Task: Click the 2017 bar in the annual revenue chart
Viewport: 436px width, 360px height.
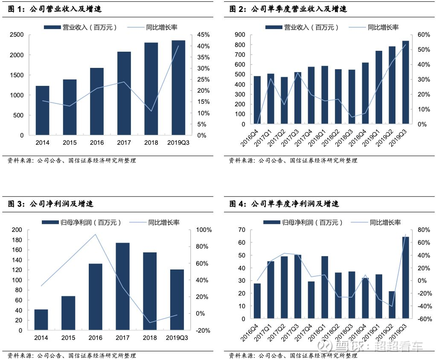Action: (x=124, y=93)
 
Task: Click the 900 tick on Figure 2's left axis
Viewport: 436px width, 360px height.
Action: (x=239, y=35)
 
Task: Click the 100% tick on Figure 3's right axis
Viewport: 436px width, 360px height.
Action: (x=203, y=230)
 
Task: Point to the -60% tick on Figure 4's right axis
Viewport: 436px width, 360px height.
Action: (x=423, y=319)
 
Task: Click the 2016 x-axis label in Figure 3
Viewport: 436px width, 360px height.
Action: (x=95, y=338)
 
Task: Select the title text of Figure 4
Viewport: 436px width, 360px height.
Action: (x=284, y=204)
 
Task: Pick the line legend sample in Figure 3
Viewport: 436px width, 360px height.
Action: (x=137, y=222)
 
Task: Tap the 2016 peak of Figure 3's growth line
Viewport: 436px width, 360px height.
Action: (x=95, y=234)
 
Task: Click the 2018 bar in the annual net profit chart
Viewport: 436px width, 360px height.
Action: (x=150, y=291)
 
